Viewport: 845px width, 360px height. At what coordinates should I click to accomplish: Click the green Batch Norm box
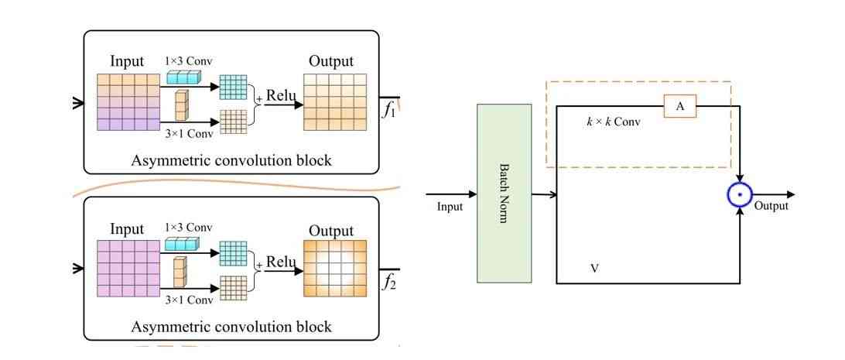(505, 193)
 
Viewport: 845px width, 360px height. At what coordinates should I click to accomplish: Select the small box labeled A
(680, 107)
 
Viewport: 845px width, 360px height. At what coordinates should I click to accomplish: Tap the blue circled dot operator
(741, 194)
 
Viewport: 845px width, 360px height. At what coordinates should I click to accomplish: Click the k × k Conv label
(614, 122)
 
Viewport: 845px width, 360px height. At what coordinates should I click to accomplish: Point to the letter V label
(594, 269)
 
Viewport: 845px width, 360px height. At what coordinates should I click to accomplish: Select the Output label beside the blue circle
(771, 206)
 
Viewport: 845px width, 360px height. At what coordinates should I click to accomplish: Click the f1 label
(389, 110)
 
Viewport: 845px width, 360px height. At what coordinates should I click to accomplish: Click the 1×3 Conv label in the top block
(188, 60)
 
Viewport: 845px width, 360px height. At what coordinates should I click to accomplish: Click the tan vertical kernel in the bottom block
(180, 273)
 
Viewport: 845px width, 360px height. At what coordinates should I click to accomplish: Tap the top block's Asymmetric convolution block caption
(231, 161)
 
